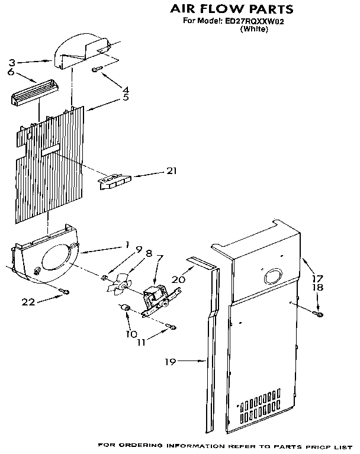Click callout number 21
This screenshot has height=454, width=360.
coord(171,172)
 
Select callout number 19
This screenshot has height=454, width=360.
coord(171,362)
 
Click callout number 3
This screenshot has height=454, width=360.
coord(11,62)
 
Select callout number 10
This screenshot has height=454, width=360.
coord(131,333)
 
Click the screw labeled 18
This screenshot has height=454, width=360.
coord(319,314)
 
